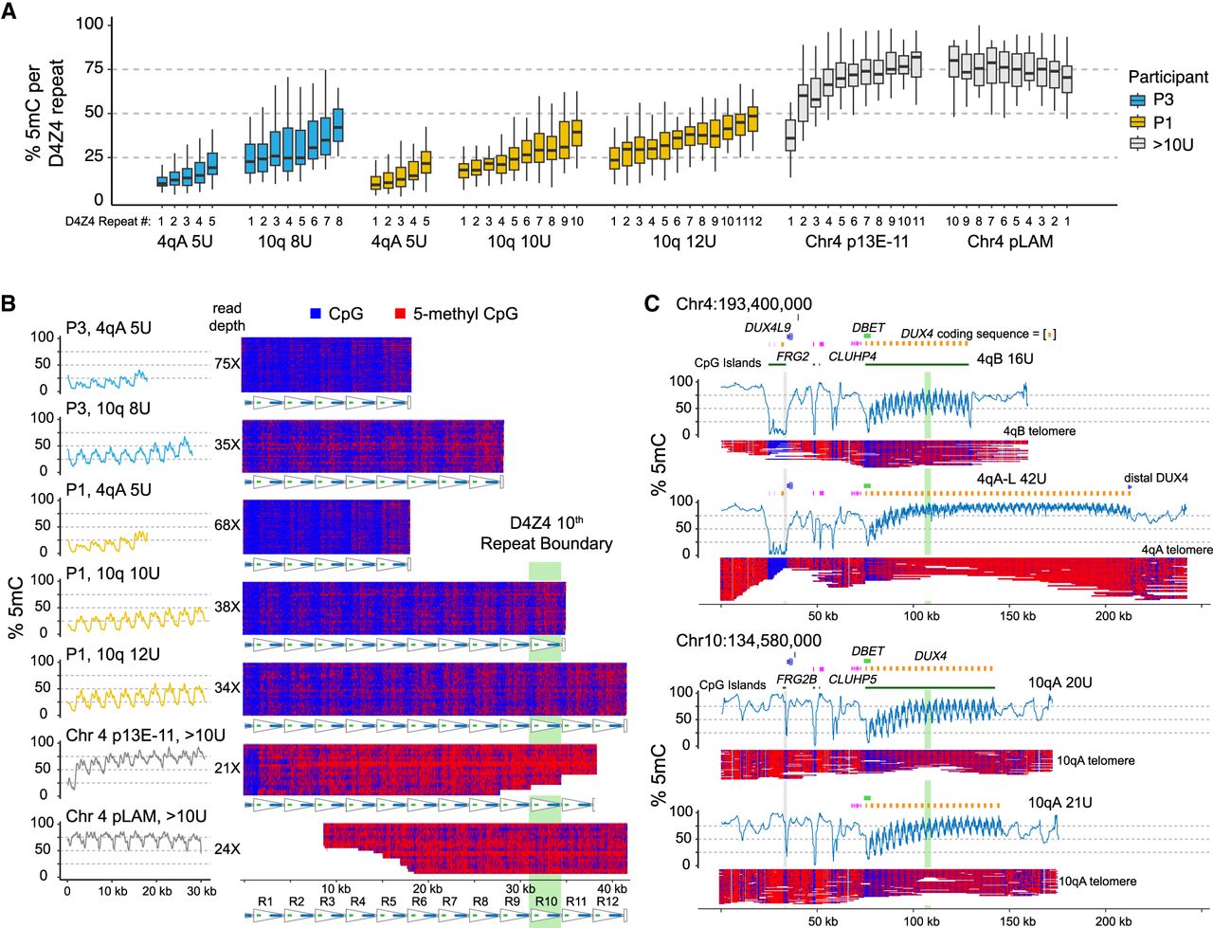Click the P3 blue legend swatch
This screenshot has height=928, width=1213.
(1138, 100)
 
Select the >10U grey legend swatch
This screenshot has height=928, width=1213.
(1138, 145)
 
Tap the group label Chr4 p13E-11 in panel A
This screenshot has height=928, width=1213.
(857, 242)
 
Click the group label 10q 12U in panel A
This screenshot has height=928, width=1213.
(684, 242)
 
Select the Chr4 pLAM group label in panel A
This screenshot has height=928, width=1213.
(1010, 242)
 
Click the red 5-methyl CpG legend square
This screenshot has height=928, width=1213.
(399, 314)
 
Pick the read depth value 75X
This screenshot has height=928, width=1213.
(226, 363)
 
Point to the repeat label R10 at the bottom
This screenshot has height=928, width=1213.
(545, 901)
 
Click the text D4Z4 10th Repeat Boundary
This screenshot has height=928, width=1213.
(546, 534)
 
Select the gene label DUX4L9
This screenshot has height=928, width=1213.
(767, 326)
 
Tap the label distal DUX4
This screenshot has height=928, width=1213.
(1155, 478)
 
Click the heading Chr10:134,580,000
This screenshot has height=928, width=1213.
(749, 641)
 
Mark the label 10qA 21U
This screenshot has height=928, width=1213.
(1059, 802)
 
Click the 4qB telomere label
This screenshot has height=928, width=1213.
(1040, 431)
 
